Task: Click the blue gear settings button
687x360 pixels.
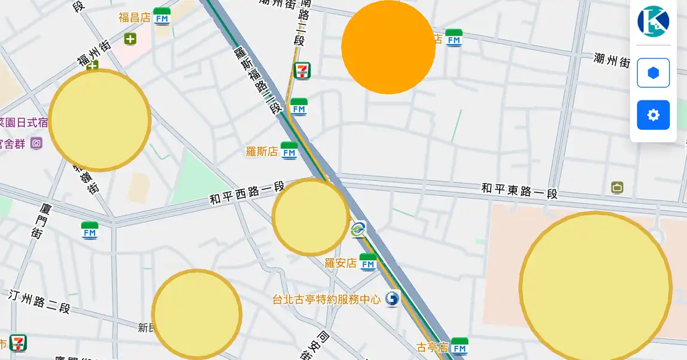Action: (653, 115)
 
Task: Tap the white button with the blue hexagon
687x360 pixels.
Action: (653, 73)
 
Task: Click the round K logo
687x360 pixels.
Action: (653, 22)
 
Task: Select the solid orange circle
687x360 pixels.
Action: (388, 47)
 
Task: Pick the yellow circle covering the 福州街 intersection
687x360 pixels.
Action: (99, 120)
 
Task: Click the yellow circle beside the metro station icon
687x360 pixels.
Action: (311, 217)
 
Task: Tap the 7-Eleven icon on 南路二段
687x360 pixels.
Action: (302, 71)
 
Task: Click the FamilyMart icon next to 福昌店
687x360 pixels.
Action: (162, 17)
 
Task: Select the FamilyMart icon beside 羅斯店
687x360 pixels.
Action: (289, 151)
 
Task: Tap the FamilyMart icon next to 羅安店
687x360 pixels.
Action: (368, 262)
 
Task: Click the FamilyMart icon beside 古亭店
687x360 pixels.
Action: (459, 346)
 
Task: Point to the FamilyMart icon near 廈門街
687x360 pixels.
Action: (90, 230)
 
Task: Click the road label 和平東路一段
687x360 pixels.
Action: (519, 191)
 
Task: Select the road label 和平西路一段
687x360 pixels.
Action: (247, 193)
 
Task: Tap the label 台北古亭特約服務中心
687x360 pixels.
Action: (326, 299)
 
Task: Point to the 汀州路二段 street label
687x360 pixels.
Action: (39, 301)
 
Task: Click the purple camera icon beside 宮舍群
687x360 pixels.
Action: (37, 143)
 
